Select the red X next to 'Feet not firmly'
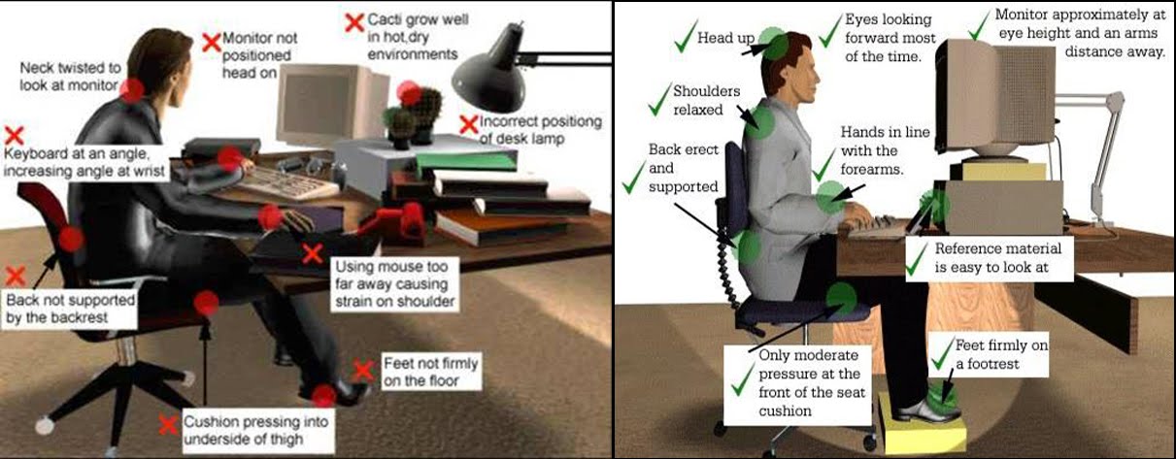coord(363,370)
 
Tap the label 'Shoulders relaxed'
coord(706,100)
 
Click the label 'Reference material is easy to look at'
coord(990,256)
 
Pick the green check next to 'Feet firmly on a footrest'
coord(940,356)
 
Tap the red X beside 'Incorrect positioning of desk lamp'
coord(468,123)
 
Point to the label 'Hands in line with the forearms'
coord(873,151)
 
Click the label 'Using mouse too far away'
coord(393,283)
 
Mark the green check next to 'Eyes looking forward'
coord(828,31)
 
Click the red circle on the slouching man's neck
coord(132,89)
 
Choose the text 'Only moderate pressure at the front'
coord(795,383)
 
